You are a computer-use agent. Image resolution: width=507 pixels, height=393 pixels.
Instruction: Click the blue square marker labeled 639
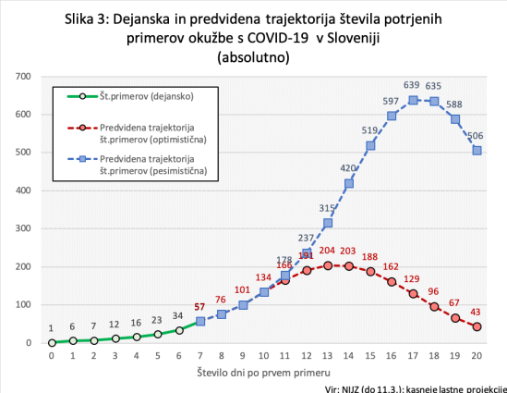[x=414, y=100]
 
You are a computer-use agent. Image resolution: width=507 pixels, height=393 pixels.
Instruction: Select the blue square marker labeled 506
[x=477, y=150]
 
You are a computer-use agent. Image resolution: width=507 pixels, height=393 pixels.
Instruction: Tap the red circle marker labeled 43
[x=477, y=326]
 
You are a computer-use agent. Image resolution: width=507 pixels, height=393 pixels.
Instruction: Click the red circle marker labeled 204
[x=328, y=265]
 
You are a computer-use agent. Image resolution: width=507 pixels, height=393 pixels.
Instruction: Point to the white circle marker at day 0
[x=52, y=342]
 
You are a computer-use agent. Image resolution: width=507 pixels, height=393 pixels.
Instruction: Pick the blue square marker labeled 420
[x=349, y=183]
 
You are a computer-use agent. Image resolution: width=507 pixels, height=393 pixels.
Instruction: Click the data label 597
[x=391, y=101]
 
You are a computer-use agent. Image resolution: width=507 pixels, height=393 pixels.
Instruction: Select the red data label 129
[x=413, y=278]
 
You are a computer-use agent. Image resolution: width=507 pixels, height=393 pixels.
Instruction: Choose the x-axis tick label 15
[x=370, y=356]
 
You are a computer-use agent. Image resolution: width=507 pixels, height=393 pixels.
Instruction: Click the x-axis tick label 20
[x=477, y=356]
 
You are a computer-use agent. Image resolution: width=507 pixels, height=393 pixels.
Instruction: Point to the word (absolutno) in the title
[x=252, y=57]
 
